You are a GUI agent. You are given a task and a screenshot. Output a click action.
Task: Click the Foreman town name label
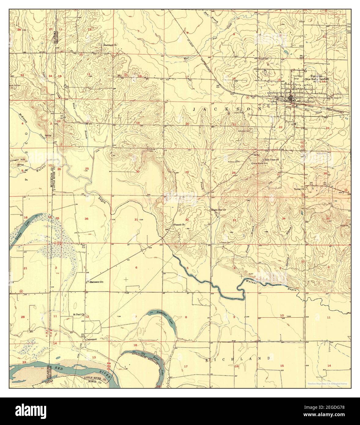click(x=311, y=76)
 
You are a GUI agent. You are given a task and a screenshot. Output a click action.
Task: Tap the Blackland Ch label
click(x=110, y=45)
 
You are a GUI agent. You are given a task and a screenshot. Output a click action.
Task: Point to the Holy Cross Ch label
click(x=272, y=160)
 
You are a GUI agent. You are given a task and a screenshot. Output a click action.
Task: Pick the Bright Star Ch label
click(x=218, y=210)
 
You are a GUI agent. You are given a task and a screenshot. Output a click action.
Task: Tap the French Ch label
click(x=180, y=225)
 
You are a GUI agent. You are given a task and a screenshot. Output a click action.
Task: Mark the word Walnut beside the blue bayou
click(x=252, y=281)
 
